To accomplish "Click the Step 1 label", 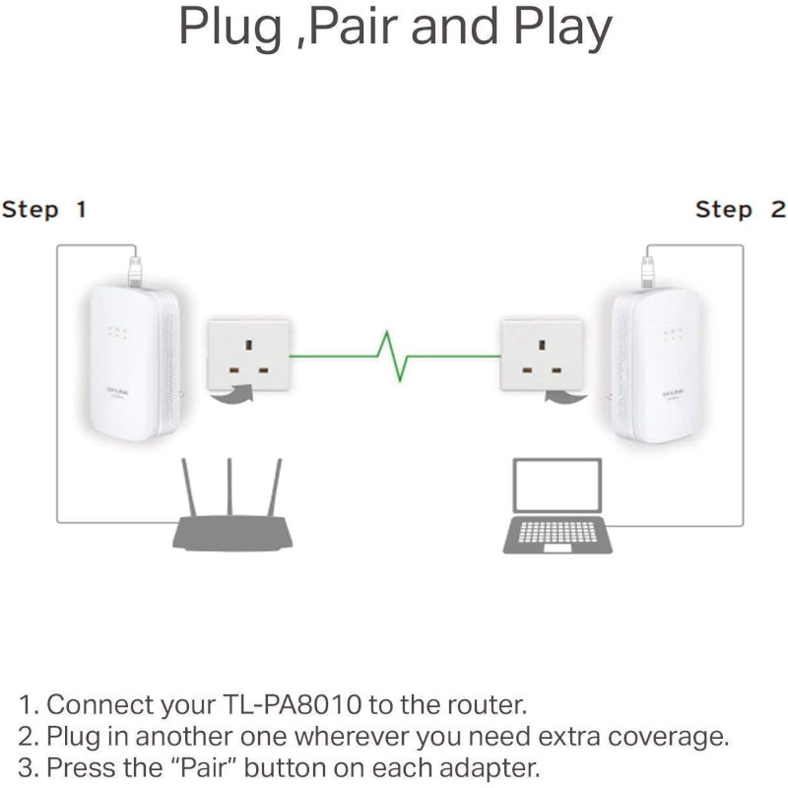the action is coord(44,210).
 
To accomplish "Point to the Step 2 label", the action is coord(740,210).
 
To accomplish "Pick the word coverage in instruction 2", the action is coord(677,737).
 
